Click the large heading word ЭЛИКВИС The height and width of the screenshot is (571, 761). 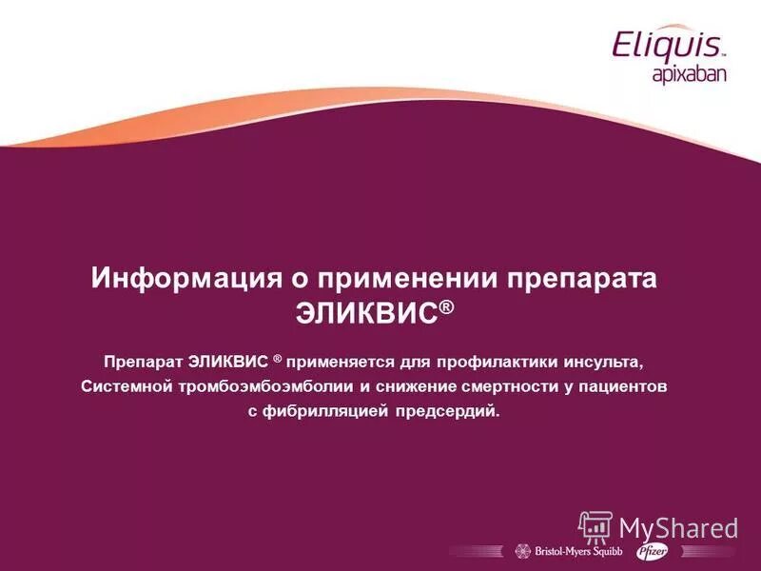366,313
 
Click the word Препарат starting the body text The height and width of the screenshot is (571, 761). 144,363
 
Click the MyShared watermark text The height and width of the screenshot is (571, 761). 678,527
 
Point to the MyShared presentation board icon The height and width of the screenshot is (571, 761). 595,527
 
